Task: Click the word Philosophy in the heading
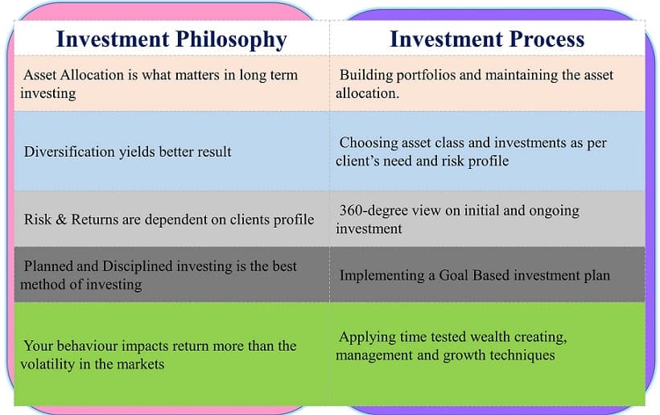point(231,40)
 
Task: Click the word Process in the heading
point(547,39)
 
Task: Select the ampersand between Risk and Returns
point(61,220)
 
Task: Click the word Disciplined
point(137,266)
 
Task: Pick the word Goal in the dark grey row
point(454,275)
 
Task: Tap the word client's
point(357,161)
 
